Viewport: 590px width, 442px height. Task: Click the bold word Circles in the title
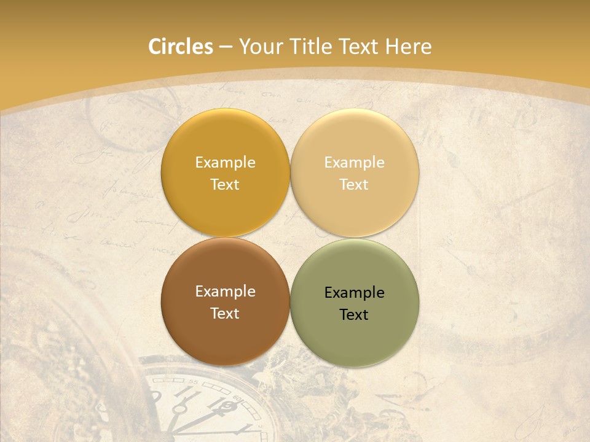181,47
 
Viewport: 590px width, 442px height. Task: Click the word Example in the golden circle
225,163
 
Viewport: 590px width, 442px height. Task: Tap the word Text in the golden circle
225,185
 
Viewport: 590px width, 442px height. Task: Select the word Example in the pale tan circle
354,163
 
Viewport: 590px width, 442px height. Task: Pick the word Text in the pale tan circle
354,185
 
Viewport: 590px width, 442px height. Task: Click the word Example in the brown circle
225,292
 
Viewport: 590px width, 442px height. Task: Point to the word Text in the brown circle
225,314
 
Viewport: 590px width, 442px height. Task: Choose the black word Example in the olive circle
354,293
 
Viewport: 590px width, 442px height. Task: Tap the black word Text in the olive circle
354,315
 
